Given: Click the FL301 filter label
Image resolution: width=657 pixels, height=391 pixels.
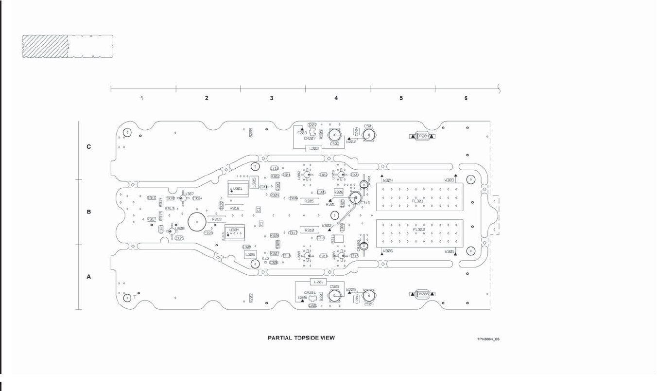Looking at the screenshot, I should (x=418, y=201).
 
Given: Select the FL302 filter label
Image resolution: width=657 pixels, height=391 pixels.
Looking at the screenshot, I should (x=418, y=230).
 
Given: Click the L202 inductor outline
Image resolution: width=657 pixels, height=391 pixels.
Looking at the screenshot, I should (x=313, y=149).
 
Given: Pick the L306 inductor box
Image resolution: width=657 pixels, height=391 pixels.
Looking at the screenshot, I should (x=250, y=254).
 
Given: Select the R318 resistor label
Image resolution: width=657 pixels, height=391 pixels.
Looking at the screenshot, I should (x=234, y=208).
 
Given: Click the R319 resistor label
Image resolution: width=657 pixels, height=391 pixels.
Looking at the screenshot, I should (x=217, y=219).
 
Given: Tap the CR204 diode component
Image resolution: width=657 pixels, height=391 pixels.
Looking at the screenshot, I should (x=423, y=136).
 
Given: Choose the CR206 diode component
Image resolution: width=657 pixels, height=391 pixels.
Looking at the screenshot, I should (x=423, y=294).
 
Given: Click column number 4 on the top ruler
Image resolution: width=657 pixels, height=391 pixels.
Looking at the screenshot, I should (x=336, y=98).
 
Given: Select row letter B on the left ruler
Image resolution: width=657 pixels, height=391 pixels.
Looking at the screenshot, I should (x=89, y=212).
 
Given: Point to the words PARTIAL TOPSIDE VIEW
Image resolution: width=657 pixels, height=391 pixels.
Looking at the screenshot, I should (x=301, y=338).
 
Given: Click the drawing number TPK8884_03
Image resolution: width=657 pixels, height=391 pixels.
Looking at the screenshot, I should (x=488, y=339).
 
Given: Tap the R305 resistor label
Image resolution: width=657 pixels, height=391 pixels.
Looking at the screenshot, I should (x=309, y=201).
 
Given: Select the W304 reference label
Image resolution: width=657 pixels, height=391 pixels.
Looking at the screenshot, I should (x=388, y=180).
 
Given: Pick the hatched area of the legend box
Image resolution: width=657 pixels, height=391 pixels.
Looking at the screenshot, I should (x=45, y=47).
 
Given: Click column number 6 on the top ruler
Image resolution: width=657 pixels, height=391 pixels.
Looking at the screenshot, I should (x=466, y=98).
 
